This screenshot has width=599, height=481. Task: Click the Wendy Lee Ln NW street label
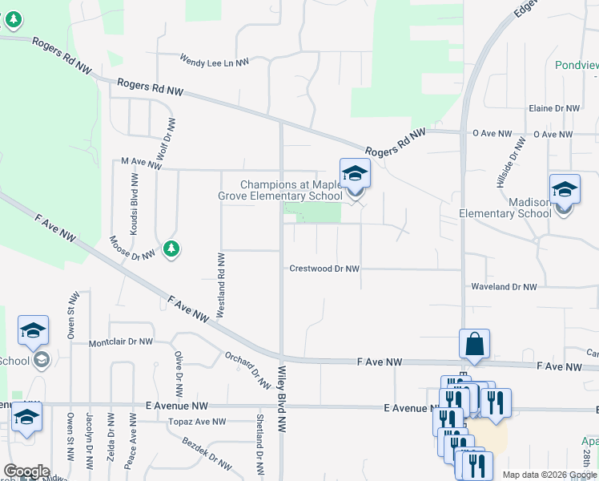click(214, 60)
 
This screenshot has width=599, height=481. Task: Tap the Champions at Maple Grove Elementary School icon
click(355, 174)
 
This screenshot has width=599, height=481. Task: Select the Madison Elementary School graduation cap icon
click(564, 189)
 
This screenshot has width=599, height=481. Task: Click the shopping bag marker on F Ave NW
click(474, 344)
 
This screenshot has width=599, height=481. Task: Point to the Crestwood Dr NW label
click(324, 269)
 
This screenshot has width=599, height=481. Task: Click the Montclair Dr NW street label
click(120, 342)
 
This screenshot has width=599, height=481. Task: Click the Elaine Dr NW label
click(553, 108)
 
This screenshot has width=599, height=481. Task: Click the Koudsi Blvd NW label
click(135, 202)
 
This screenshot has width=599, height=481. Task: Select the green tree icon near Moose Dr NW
click(171, 249)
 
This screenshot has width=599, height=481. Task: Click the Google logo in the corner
click(26, 471)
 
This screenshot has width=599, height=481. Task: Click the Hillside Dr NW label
click(512, 162)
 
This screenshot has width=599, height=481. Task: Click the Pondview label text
click(577, 64)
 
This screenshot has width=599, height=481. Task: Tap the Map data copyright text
click(550, 475)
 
